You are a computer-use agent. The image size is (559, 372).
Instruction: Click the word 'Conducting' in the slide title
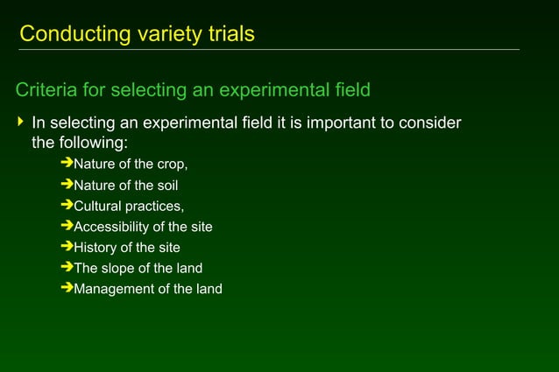click(67, 34)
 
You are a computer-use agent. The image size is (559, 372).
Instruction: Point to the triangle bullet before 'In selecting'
click(21, 122)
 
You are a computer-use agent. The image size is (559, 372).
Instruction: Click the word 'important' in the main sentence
click(339, 122)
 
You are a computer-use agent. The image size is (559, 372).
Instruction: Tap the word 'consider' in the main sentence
click(430, 122)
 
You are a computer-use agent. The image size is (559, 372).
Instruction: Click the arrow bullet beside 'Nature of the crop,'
click(67, 164)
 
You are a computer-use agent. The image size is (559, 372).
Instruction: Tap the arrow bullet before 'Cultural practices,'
click(67, 206)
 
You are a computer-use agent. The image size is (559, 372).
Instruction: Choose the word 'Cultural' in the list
click(98, 207)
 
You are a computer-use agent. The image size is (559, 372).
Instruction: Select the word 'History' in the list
click(96, 248)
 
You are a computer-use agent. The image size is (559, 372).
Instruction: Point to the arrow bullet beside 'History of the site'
click(67, 247)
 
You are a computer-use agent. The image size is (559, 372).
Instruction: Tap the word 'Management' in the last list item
click(112, 289)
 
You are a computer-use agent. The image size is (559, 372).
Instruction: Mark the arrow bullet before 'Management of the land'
click(67, 288)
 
